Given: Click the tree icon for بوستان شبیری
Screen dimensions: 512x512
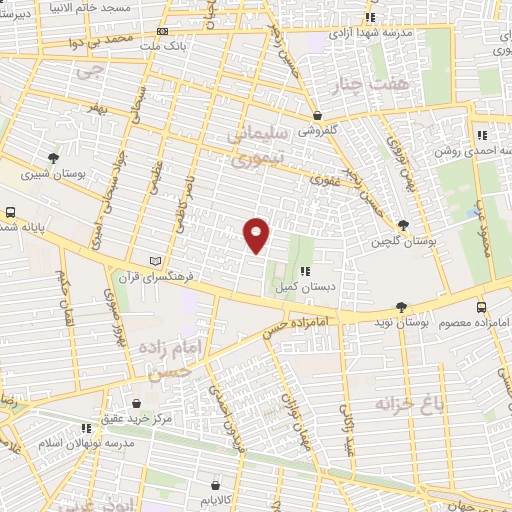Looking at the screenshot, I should pyautogui.click(x=53, y=158).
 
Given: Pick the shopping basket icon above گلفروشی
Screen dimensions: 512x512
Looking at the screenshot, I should pyautogui.click(x=317, y=116).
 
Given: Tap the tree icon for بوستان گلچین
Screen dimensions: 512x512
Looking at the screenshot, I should pyautogui.click(x=403, y=226).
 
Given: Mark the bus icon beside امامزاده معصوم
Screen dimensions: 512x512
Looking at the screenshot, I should pyautogui.click(x=481, y=308).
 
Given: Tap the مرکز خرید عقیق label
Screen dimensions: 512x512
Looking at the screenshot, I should pyautogui.click(x=137, y=418).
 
